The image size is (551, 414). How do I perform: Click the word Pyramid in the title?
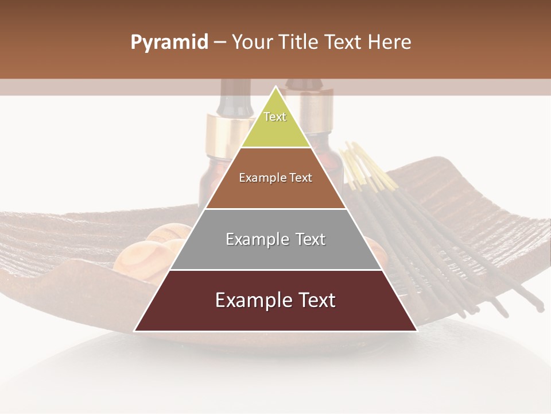pyautogui.click(x=169, y=43)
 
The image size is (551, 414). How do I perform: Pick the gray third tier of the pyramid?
pyautogui.click(x=275, y=253)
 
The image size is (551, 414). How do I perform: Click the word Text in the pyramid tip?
pyautogui.click(x=275, y=117)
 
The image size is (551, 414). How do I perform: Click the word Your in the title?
pyautogui.click(x=250, y=43)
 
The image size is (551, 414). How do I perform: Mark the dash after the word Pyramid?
pyautogui.click(x=219, y=43)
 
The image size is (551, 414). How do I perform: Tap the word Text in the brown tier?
pyautogui.click(x=301, y=178)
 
